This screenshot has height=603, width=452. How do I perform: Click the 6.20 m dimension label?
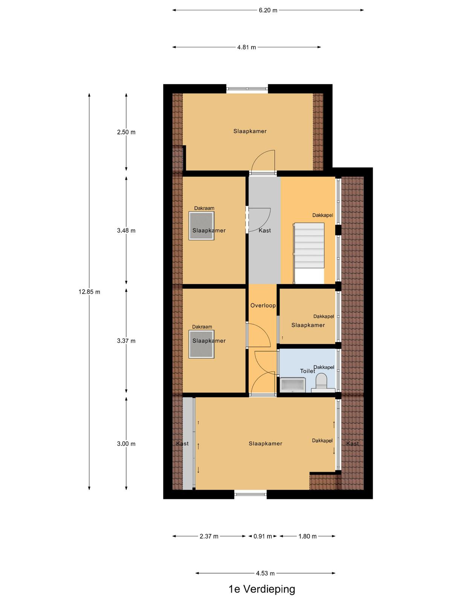tap(267, 11)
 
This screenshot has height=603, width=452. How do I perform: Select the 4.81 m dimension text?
tap(246, 47)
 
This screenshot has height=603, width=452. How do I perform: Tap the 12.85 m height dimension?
tap(90, 292)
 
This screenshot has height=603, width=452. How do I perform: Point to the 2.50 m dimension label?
tap(126, 132)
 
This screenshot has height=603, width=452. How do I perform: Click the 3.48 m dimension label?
tap(126, 231)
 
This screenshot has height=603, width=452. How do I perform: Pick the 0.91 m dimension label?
tap(263, 536)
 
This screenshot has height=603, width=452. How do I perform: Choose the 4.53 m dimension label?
tap(265, 573)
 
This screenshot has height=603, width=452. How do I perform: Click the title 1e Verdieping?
tap(262, 589)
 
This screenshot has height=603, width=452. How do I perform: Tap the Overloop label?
tap(263, 306)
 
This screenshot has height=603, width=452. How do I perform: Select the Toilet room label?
tap(307, 371)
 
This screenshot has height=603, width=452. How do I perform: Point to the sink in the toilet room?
tap(293, 384)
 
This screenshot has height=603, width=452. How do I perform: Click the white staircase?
tap(309, 253)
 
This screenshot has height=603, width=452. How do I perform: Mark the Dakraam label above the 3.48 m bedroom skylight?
tap(204, 208)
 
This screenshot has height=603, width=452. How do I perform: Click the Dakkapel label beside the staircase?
tap(323, 215)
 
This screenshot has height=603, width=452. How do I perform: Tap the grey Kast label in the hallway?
tap(264, 231)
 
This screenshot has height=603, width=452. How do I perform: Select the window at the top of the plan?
tap(247, 89)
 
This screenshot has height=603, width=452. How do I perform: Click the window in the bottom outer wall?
tap(250, 494)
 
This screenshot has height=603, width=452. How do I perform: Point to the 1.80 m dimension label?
tap(307, 536)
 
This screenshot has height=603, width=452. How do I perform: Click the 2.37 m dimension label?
tap(209, 536)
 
